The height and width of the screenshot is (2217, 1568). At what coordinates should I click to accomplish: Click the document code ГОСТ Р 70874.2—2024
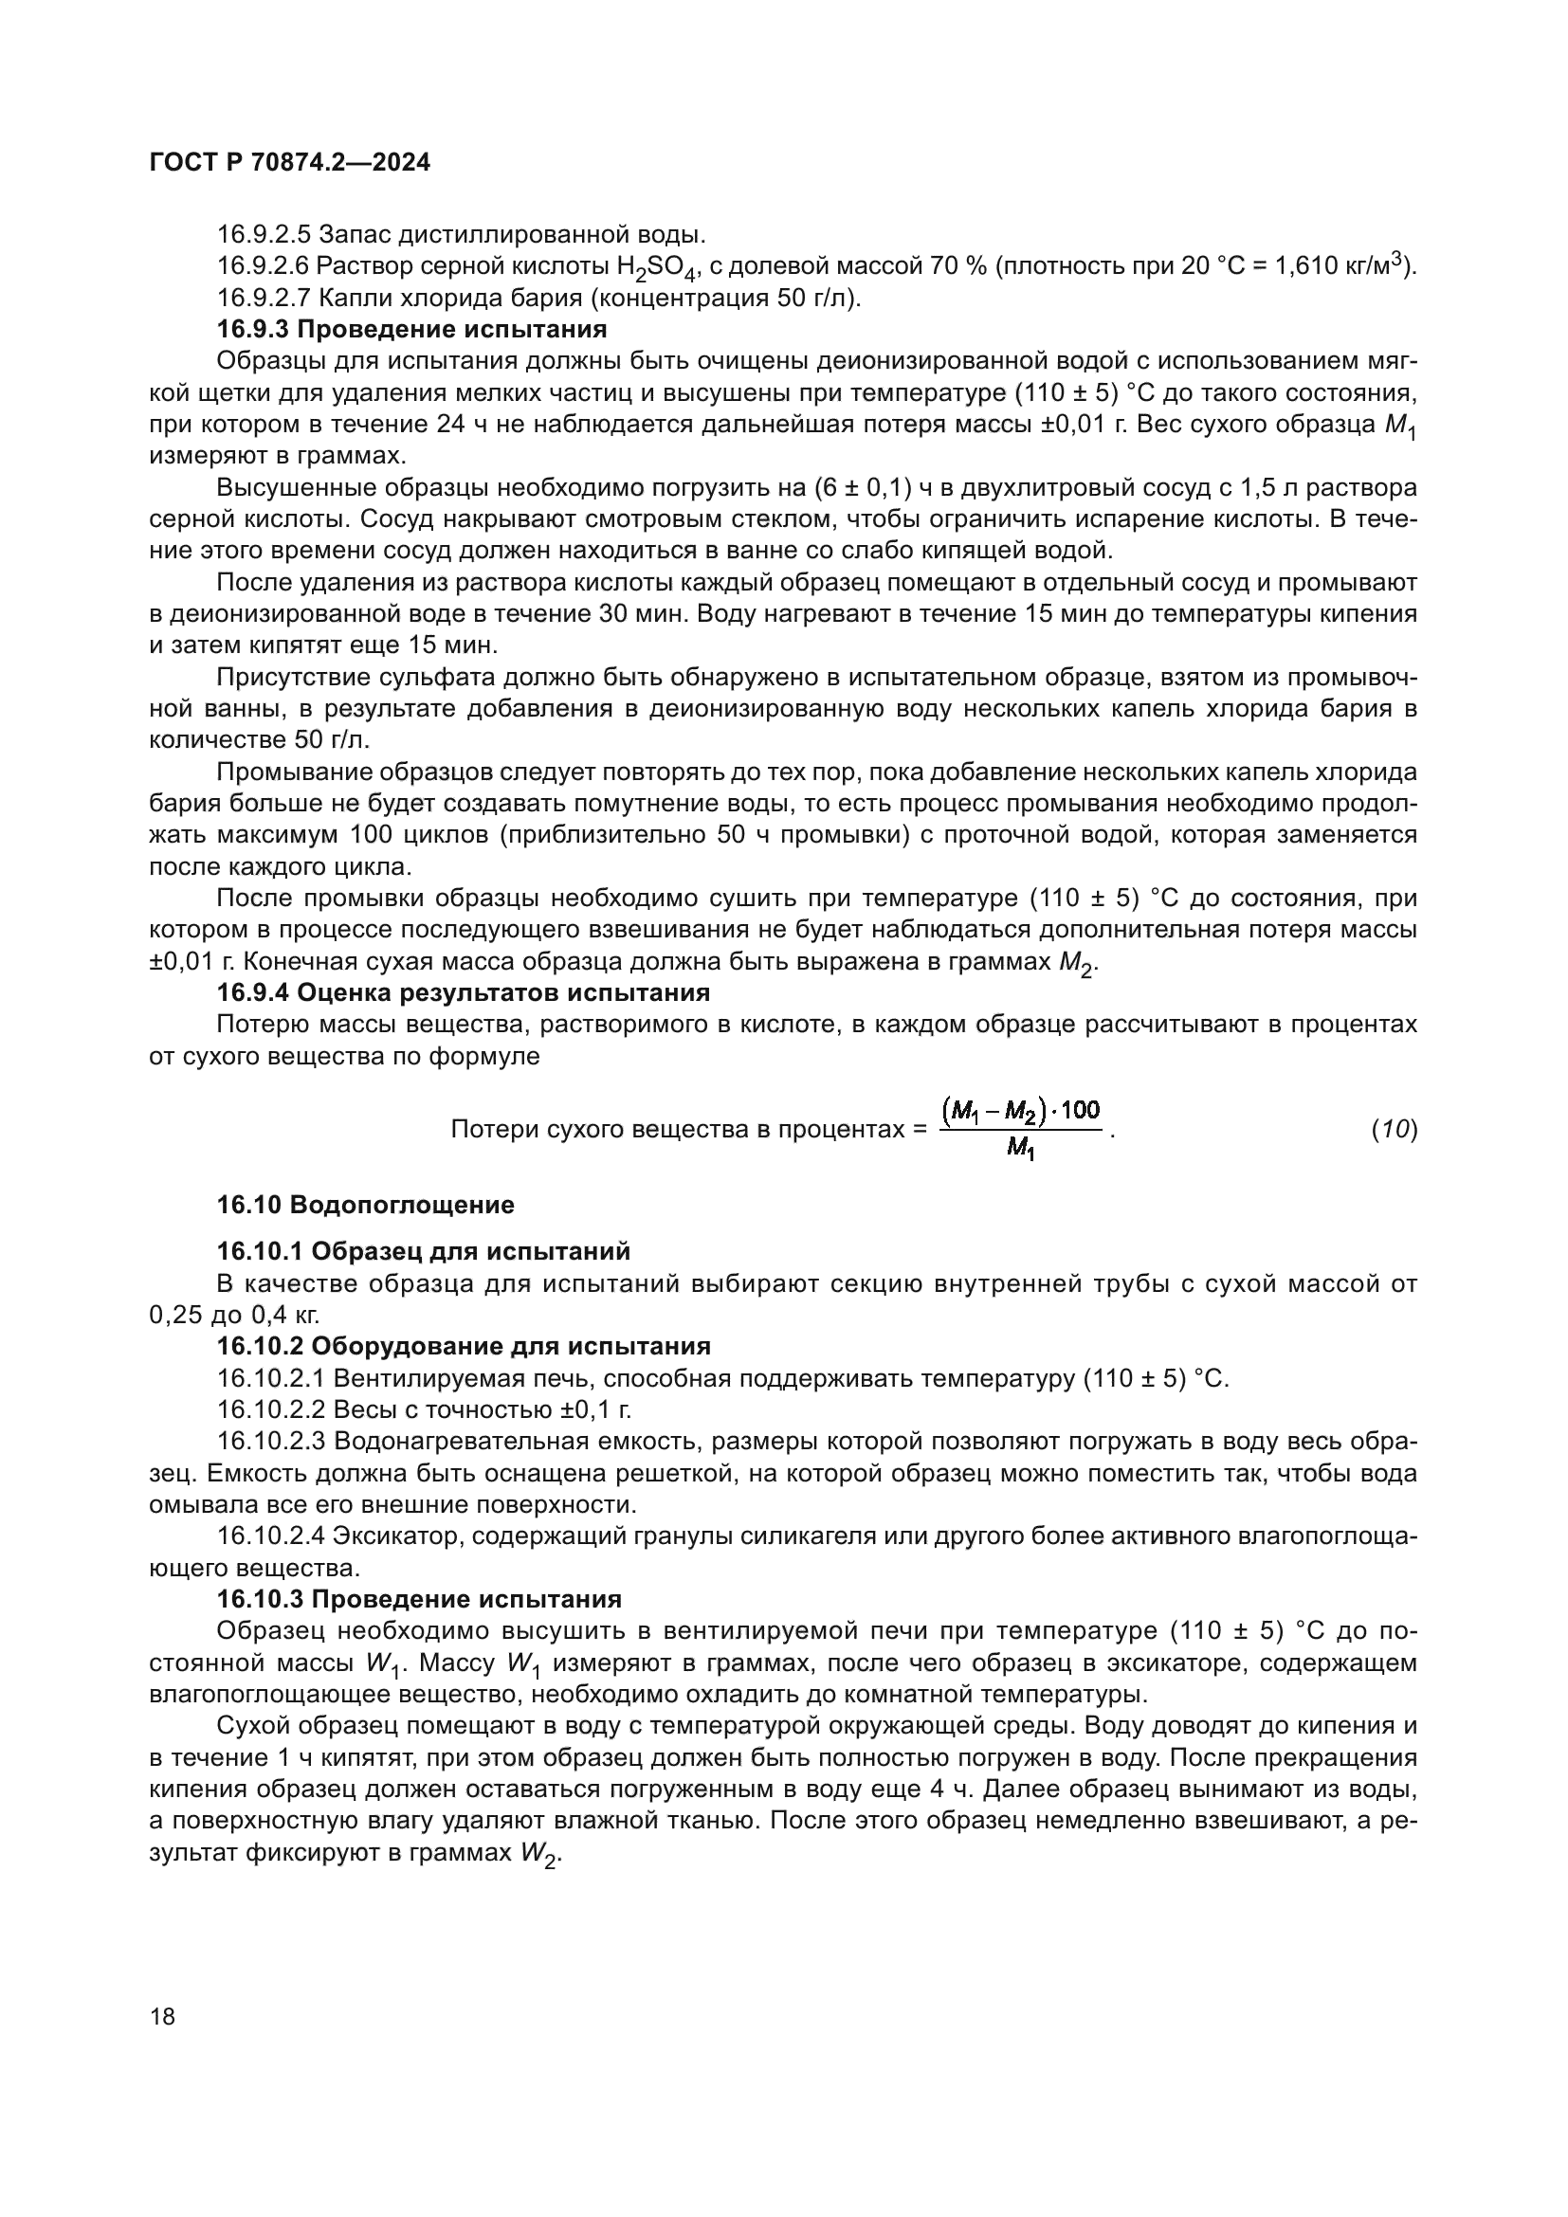tap(290, 163)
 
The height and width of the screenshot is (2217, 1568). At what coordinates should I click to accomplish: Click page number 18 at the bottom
tap(162, 2016)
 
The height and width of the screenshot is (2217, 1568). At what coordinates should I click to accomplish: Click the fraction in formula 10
tap(1021, 1129)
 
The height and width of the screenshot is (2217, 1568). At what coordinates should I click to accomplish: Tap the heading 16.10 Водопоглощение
tap(365, 1205)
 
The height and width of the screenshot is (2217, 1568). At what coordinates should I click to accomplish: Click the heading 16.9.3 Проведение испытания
tap(411, 329)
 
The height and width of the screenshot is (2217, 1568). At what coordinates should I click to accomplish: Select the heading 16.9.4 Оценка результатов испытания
tap(463, 992)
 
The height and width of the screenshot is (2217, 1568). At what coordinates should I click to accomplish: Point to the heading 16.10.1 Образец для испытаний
tap(423, 1251)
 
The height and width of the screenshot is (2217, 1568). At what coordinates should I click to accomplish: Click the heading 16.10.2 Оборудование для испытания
tap(464, 1346)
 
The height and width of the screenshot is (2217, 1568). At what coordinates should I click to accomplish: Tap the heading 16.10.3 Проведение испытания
tap(418, 1599)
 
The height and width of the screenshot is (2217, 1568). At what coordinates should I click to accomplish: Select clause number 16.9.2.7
tap(263, 298)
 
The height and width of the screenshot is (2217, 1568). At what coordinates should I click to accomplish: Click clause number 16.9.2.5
tap(263, 235)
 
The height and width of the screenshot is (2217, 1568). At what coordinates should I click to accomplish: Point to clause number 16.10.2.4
tap(270, 1536)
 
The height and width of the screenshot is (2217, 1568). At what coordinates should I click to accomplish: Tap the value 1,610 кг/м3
tap(1343, 265)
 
